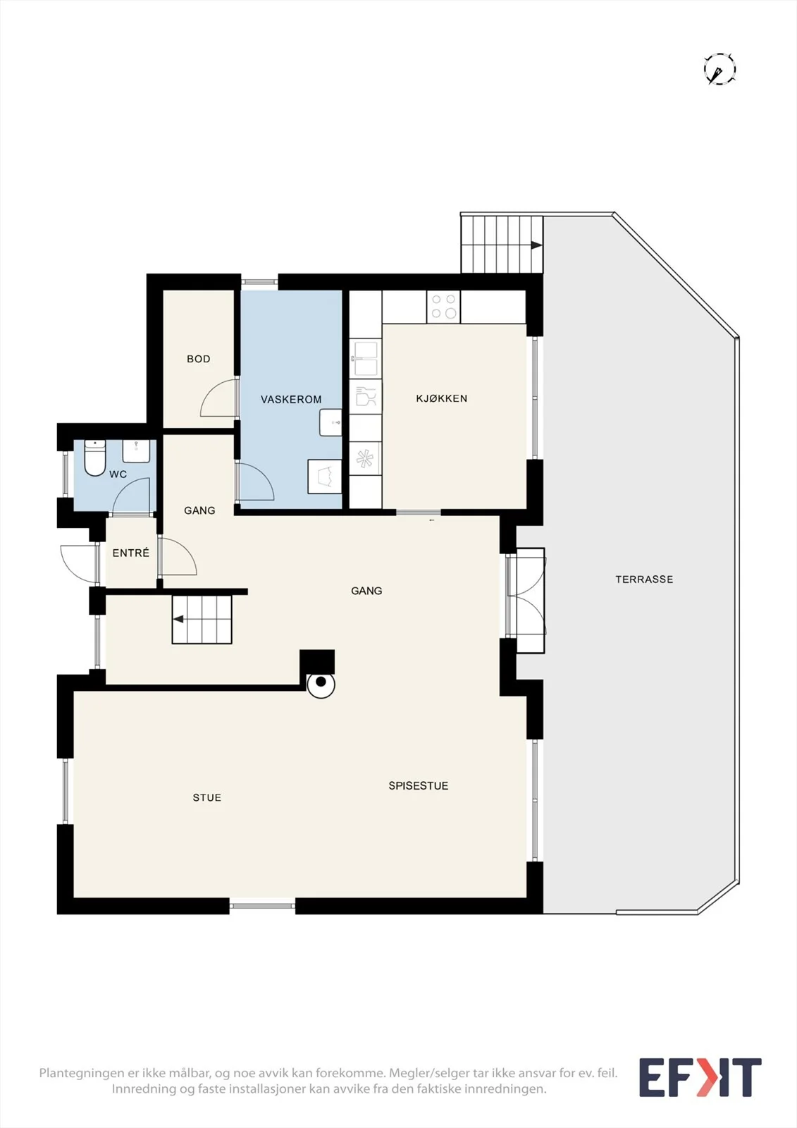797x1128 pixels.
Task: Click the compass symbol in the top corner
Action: pyautogui.click(x=720, y=69)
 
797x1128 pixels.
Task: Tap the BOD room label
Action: pyautogui.click(x=198, y=359)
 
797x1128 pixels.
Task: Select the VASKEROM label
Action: pyautogui.click(x=291, y=399)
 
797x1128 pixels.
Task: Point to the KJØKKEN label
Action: pyautogui.click(x=442, y=398)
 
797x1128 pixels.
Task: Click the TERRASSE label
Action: pyautogui.click(x=644, y=579)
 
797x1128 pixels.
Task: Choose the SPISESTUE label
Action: pyautogui.click(x=419, y=785)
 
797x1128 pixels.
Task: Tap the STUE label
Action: pyautogui.click(x=207, y=797)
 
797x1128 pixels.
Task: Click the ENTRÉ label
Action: pyautogui.click(x=131, y=553)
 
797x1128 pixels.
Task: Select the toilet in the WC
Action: pyautogui.click(x=94, y=458)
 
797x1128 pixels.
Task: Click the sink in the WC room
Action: pyautogui.click(x=136, y=452)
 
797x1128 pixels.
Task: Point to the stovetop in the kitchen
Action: pyautogui.click(x=443, y=307)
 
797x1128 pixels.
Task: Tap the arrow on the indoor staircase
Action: pyautogui.click(x=178, y=620)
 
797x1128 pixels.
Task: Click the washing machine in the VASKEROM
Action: pyautogui.click(x=325, y=476)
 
